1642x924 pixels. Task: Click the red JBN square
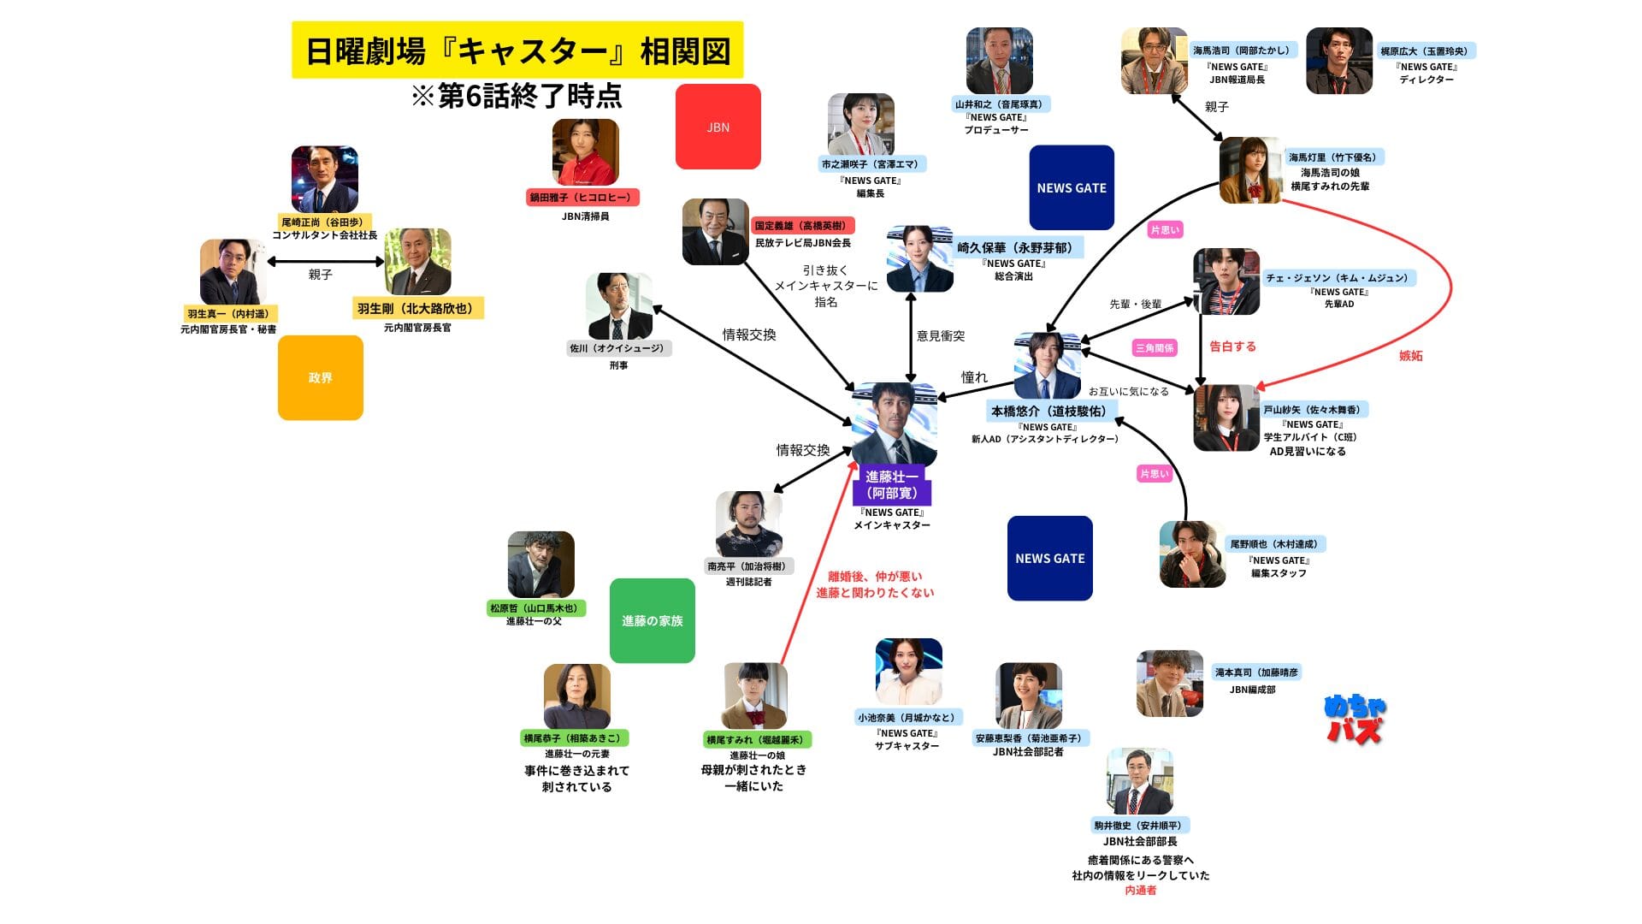pos(718,127)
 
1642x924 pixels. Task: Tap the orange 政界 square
pos(320,377)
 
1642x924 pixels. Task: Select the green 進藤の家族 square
pos(652,620)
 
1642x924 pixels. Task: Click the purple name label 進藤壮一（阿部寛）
pos(891,485)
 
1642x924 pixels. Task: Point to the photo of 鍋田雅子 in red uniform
pos(585,151)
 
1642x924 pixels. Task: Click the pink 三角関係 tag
pos(1155,348)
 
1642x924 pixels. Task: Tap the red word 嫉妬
pos(1410,356)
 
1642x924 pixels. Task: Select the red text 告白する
pos(1232,346)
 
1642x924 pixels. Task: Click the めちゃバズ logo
pos(1355,719)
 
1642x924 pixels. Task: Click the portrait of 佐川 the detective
pos(619,305)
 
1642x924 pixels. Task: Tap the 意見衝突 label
pos(941,336)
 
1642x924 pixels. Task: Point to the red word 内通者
pos(1140,891)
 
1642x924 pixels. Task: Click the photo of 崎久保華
pos(919,258)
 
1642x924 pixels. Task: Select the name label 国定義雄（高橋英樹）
pos(800,226)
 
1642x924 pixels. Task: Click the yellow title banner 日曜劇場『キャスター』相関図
pos(517,50)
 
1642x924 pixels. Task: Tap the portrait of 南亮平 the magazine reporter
pos(748,524)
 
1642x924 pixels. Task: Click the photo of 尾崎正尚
pos(324,179)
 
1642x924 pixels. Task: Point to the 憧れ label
pos(974,377)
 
